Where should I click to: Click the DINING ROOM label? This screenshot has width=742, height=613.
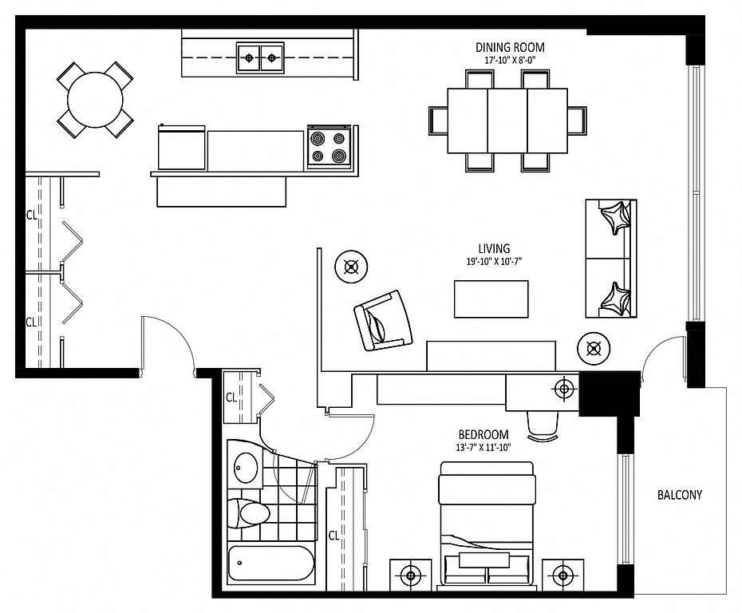(x=510, y=47)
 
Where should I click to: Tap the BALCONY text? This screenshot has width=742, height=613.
(x=680, y=495)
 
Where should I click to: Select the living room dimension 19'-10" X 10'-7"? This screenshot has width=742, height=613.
(x=494, y=261)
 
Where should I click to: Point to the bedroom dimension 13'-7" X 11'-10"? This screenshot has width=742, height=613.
(x=483, y=447)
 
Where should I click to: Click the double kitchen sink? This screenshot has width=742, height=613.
(x=260, y=57)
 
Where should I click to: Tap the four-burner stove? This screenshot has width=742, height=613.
(x=330, y=147)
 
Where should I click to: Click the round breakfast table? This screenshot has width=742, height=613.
(x=95, y=100)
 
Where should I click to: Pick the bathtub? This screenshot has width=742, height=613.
(x=270, y=564)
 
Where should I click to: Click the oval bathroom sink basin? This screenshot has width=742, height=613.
(x=246, y=467)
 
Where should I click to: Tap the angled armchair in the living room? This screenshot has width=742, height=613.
(x=383, y=320)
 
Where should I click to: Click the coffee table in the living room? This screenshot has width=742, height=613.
(x=491, y=299)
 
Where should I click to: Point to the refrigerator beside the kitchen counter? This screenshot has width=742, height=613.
(x=182, y=147)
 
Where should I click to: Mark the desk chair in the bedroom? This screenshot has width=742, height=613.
(x=543, y=426)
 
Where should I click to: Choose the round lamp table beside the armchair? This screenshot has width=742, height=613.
(x=351, y=267)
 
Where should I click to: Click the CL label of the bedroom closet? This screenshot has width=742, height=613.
(x=334, y=536)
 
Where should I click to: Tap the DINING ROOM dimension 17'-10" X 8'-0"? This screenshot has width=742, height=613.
(x=510, y=60)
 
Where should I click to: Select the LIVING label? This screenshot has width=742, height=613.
(x=494, y=248)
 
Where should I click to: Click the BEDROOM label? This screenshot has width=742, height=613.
(x=483, y=434)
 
